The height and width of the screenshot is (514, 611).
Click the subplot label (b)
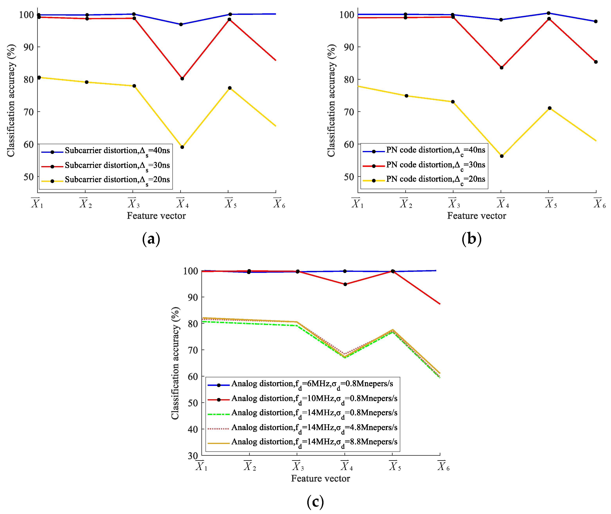point(471,239)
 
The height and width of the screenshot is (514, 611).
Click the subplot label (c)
point(315,502)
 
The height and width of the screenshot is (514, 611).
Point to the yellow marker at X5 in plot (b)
point(550,108)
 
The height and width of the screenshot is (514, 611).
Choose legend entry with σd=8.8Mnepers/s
point(314,442)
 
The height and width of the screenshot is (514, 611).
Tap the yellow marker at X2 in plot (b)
point(406,96)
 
